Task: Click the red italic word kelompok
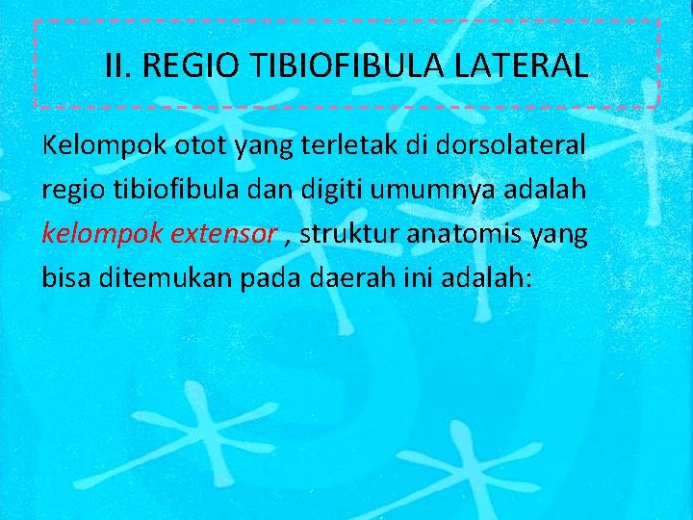pos(90,234)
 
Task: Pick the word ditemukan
pos(147,277)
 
